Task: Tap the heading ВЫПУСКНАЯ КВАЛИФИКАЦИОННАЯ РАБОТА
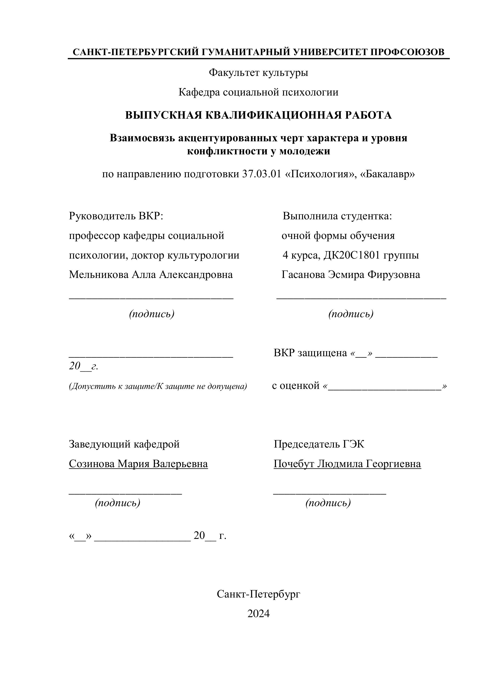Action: tap(258, 115)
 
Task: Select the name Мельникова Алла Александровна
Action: tap(151, 274)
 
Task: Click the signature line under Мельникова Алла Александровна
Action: tap(151, 298)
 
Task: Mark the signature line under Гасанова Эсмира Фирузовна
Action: tap(361, 298)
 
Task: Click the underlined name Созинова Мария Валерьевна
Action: tap(138, 463)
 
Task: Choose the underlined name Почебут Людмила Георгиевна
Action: tap(347, 463)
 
